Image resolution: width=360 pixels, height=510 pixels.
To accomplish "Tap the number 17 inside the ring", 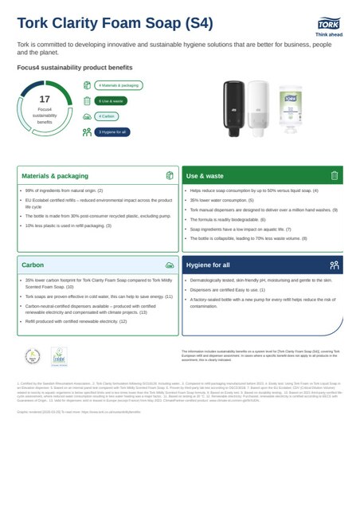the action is click(45, 100).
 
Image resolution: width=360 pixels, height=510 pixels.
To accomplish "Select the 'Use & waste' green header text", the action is click(205, 175).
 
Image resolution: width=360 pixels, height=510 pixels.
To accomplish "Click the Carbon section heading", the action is click(33, 264).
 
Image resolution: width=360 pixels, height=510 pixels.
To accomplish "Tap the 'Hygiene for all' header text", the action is click(209, 264).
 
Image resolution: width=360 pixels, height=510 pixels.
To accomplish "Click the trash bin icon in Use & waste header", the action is click(335, 175).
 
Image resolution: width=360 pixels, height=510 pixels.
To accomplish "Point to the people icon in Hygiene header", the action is click(335, 264).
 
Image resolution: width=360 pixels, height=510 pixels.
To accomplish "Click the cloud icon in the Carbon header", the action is click(169, 264).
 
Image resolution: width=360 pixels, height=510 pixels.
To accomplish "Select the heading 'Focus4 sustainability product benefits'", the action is click(67, 70).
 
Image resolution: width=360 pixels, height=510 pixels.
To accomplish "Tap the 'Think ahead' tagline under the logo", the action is click(328, 36).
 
